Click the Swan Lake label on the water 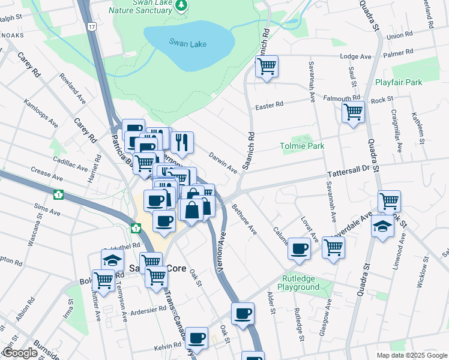[x=184, y=42]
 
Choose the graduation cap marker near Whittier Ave [x=111, y=260]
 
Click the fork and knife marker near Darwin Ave [x=181, y=143]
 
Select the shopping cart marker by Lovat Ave [x=333, y=247]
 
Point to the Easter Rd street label [x=269, y=106]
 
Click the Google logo [x=20, y=353]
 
